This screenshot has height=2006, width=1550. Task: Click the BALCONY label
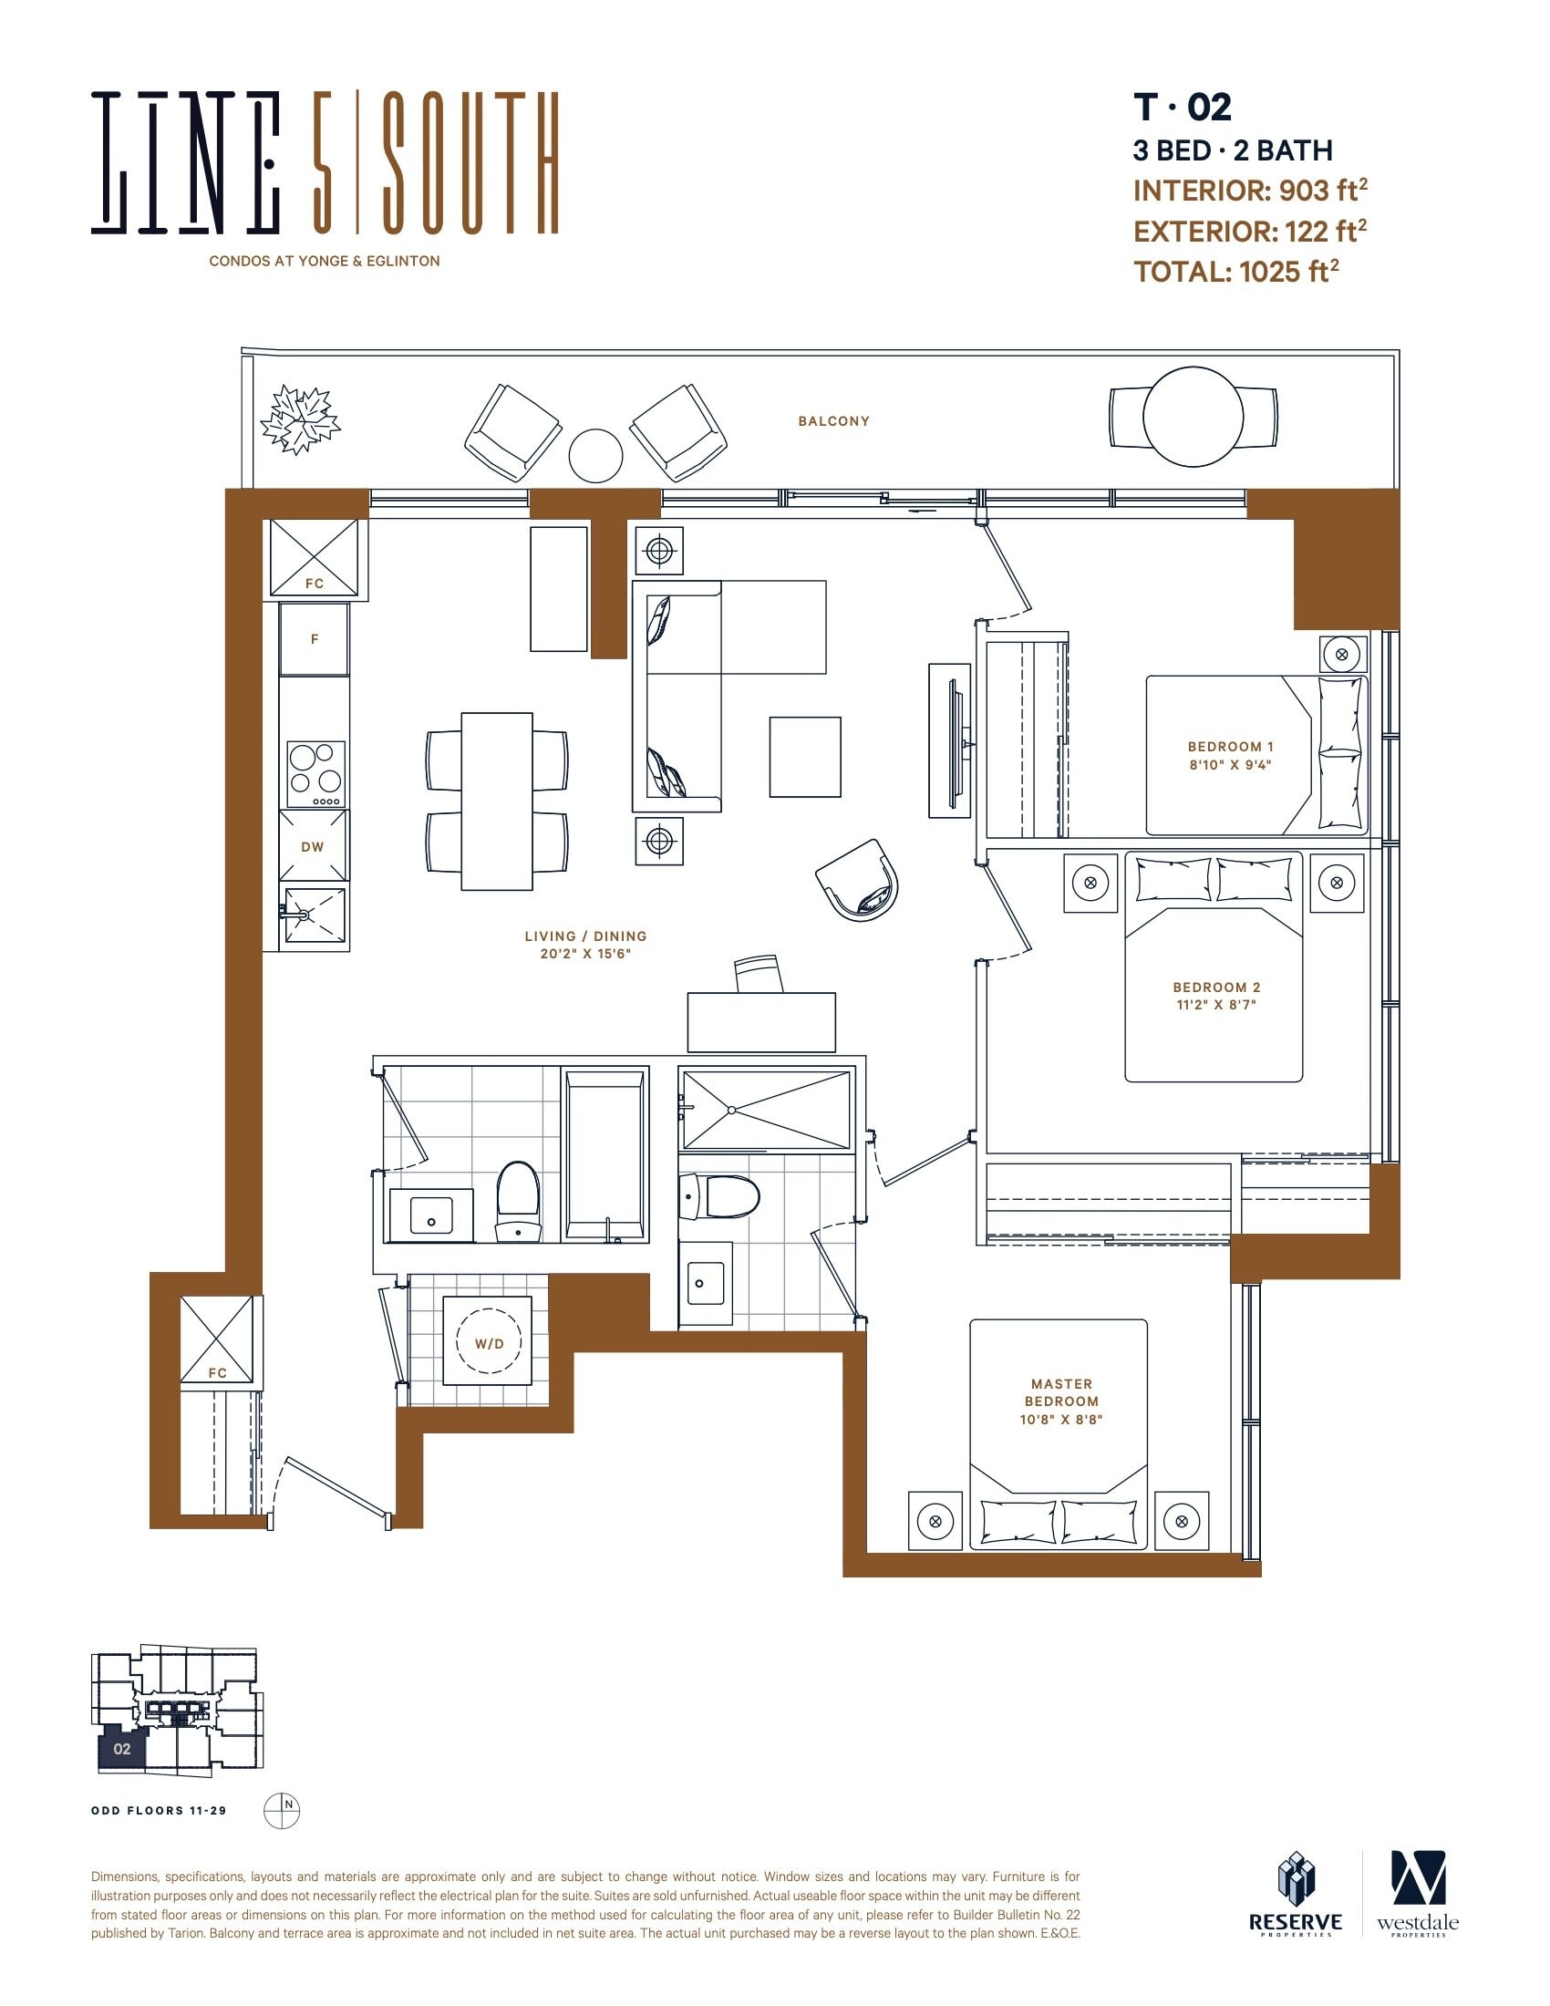click(832, 421)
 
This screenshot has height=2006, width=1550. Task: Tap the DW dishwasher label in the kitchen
click(312, 847)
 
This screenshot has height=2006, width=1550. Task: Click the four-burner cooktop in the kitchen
click(315, 774)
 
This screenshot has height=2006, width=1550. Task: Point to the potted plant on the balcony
click(300, 419)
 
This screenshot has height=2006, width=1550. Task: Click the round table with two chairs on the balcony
click(1193, 416)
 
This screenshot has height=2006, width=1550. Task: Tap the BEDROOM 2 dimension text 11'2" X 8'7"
click(1216, 1005)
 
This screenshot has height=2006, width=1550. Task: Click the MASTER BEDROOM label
click(1061, 1392)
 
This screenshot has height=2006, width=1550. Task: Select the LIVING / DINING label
click(586, 936)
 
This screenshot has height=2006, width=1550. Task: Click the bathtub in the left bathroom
click(605, 1154)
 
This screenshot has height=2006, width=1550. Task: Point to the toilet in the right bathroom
click(719, 1198)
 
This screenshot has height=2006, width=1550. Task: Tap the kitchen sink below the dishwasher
click(315, 915)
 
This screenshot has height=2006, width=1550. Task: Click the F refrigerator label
click(314, 639)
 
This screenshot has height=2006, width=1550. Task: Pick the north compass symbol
click(282, 1810)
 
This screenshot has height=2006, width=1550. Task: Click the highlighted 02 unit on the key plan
click(122, 1749)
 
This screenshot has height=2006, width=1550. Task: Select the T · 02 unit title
click(1183, 108)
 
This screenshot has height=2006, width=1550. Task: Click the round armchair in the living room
click(858, 879)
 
